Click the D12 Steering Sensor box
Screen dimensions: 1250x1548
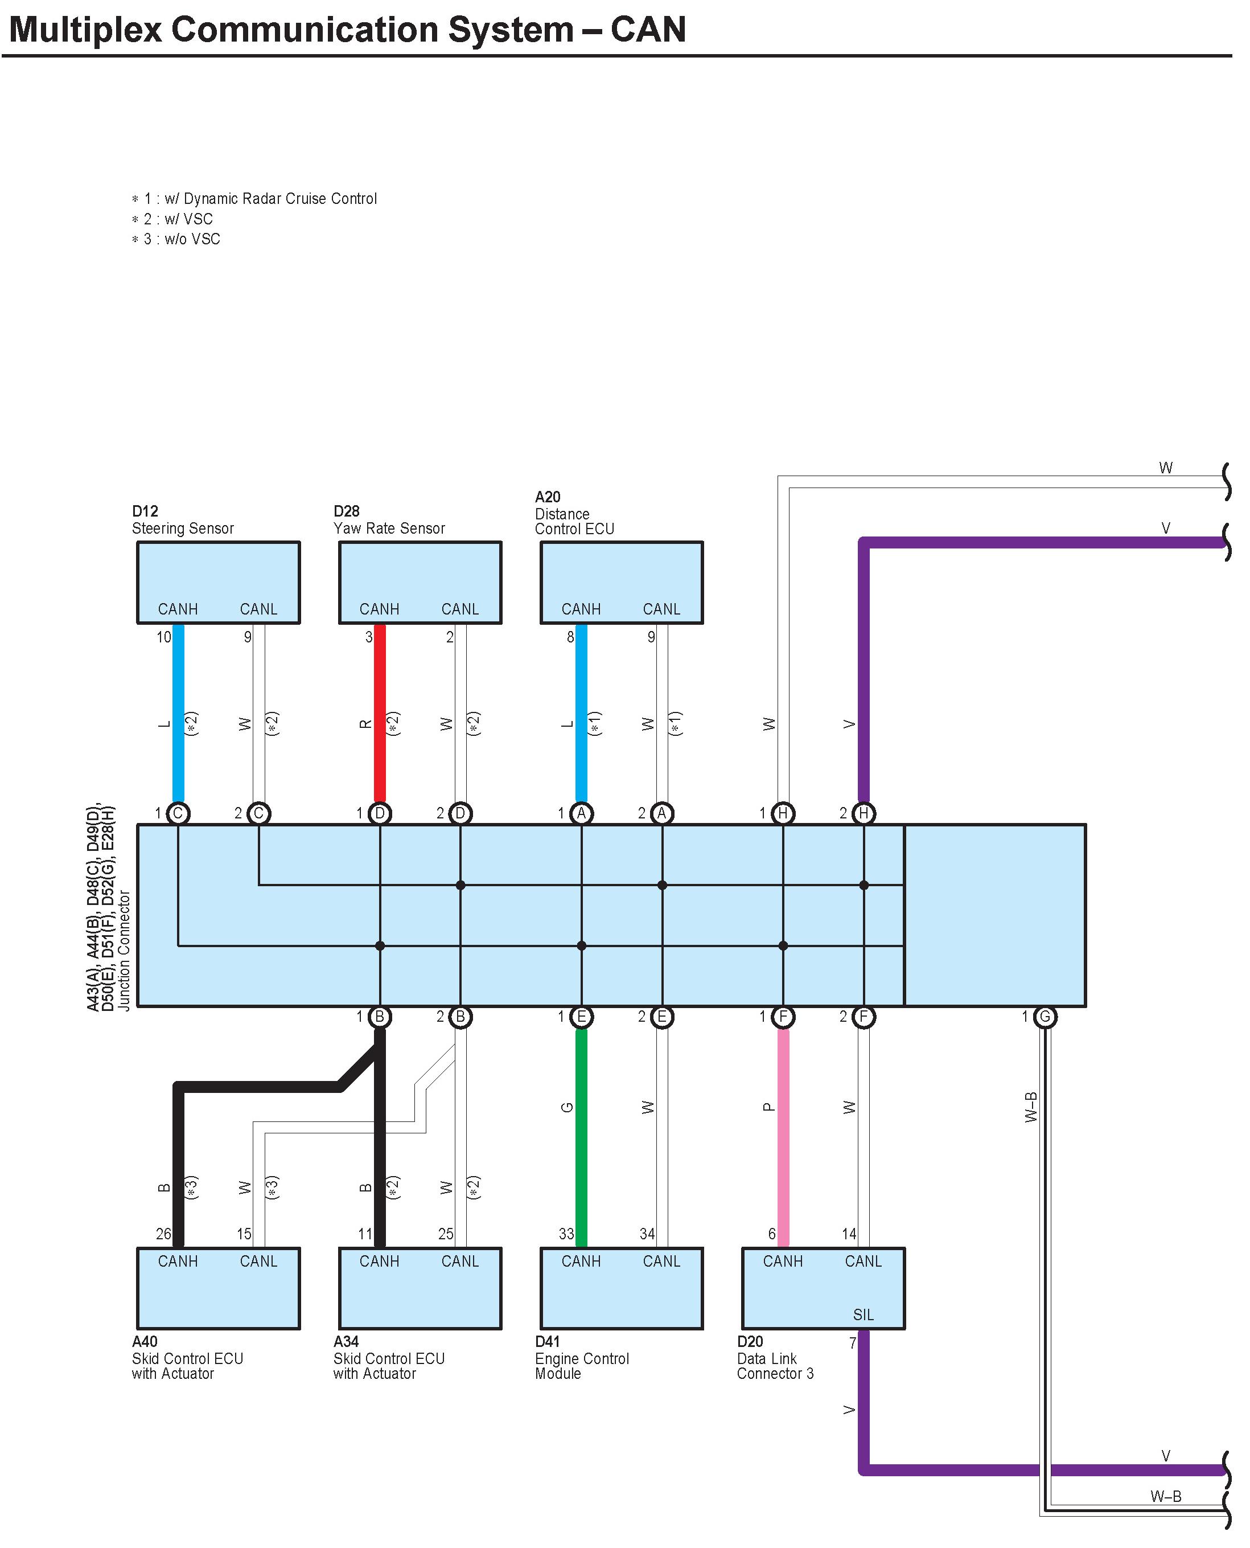pos(218,581)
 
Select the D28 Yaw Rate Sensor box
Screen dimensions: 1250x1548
pos(420,581)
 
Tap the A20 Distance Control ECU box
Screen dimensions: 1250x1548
pos(622,581)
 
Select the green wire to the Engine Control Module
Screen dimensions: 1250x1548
pos(581,1138)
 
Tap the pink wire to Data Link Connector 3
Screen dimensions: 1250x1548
pos(783,1138)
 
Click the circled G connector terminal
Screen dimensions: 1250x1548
pos(1045,1017)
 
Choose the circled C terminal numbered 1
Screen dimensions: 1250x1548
pos(178,813)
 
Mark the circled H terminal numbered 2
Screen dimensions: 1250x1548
pos(864,813)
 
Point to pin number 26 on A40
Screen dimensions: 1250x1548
pos(163,1234)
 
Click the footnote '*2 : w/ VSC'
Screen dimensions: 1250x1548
pos(173,219)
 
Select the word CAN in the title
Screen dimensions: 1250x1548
pos(648,30)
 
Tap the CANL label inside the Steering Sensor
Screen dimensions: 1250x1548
pos(258,609)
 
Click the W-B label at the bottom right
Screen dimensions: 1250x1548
pos(1166,1496)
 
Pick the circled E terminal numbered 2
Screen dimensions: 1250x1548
pos(662,1017)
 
